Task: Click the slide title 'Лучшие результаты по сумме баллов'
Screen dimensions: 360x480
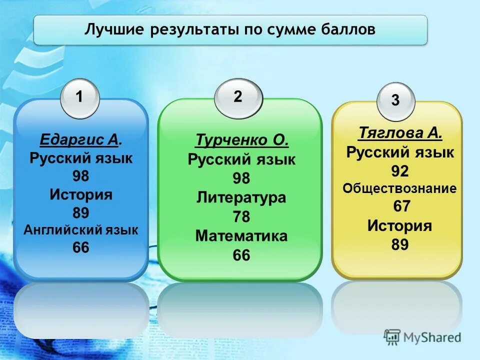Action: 230,29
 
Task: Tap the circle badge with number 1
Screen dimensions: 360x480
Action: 80,98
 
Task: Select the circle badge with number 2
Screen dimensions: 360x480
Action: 238,97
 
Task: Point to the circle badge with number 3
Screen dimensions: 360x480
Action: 395,101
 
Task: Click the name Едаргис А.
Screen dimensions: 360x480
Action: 81,140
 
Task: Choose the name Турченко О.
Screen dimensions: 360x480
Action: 242,140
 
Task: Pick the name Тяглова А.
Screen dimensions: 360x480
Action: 400,133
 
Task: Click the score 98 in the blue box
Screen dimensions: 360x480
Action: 81,176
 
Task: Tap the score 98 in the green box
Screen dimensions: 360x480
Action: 241,178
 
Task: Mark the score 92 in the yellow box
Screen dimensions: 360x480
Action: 400,171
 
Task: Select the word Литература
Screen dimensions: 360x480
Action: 241,197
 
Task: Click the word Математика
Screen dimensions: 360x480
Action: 241,236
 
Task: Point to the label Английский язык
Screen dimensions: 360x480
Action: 81,230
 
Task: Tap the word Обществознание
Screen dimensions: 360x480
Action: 400,188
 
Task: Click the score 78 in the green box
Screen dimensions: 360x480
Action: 241,217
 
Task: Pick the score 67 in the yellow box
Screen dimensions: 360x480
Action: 400,206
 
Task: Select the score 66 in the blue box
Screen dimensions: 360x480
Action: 81,247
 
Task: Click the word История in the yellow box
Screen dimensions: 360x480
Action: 400,226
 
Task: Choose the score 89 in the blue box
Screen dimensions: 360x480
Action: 81,213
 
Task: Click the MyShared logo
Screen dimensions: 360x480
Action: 423,337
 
